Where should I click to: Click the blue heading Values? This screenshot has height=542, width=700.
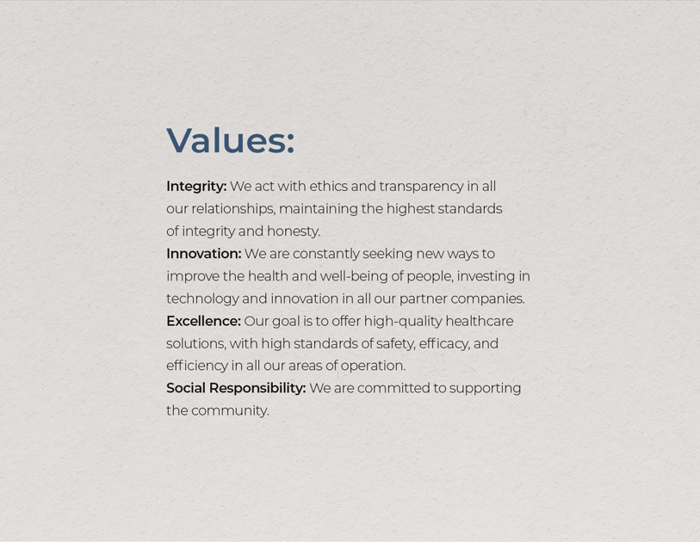pos(231,140)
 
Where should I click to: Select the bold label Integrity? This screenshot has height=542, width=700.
pos(196,187)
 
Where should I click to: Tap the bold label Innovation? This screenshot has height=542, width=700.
pos(203,254)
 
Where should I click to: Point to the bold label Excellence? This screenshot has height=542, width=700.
pos(203,321)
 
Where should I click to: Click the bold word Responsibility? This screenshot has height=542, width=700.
pos(257,389)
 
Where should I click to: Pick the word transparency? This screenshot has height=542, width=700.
pos(421,187)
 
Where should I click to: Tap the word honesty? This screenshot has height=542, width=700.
pos(294,231)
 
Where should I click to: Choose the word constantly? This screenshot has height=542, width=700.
pos(326,254)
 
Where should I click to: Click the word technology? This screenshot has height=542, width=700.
pos(202,299)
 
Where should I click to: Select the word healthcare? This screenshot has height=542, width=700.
pos(479,321)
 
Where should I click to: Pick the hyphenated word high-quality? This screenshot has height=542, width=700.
pos(403,321)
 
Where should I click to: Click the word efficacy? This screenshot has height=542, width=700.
pos(444,343)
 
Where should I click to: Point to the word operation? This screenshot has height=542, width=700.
pos(373,366)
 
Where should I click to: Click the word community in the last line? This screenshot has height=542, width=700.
pos(230,411)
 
